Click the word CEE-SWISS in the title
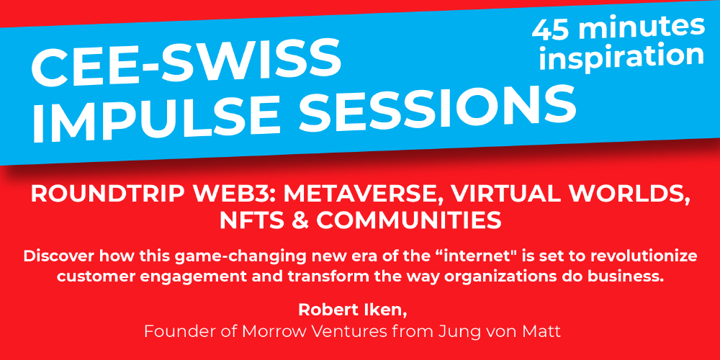[x=186, y=63]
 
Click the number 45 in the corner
[x=551, y=30]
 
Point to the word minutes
[x=641, y=26]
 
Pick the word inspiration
[x=621, y=55]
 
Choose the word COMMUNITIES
[x=408, y=221]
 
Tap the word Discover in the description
[x=55, y=257]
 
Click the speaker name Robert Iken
[x=353, y=309]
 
